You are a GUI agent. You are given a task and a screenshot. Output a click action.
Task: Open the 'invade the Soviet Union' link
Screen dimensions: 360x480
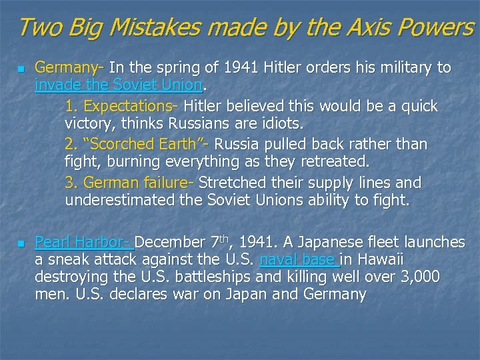(118, 85)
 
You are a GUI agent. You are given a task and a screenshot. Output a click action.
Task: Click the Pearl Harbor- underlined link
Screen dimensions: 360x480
(84, 241)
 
